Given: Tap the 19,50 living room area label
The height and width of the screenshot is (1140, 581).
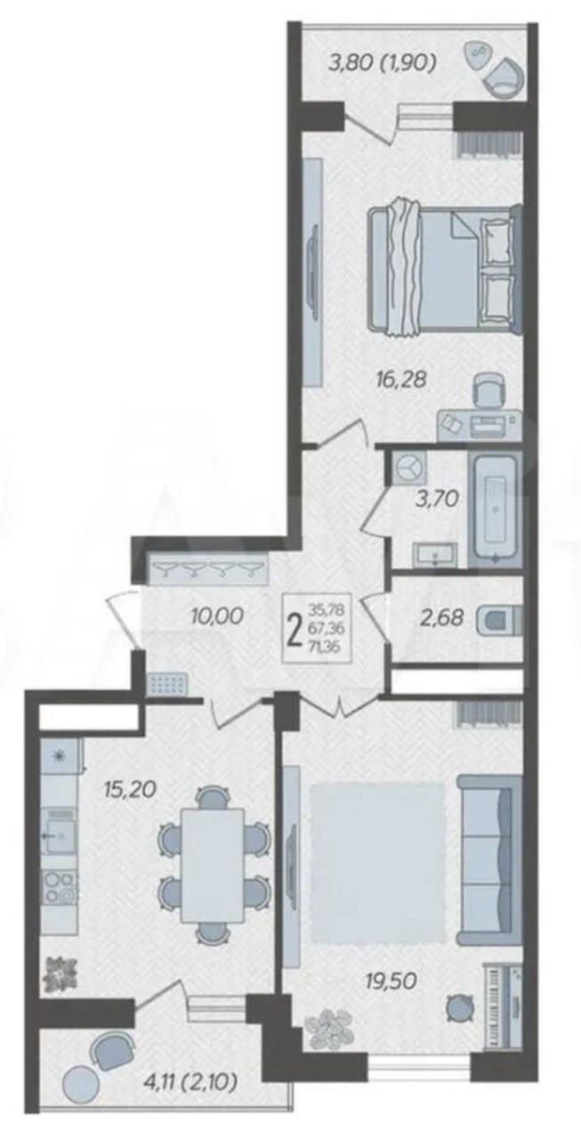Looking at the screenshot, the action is pos(391,981).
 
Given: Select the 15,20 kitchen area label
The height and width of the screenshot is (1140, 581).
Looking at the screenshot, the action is pos(129,789).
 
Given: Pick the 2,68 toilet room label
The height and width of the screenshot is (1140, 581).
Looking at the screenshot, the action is pos(443,618).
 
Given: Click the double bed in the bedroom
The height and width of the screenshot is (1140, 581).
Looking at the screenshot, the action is pos(445,270).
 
